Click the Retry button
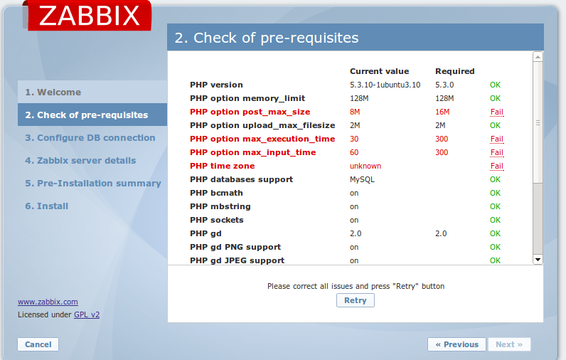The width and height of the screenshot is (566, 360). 356,300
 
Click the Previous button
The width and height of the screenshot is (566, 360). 457,344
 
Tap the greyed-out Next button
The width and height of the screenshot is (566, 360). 509,344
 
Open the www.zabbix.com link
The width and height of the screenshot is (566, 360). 48,302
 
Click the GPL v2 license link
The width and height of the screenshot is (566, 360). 87,314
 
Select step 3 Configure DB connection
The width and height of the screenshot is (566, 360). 90,138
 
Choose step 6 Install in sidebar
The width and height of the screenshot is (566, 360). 46,206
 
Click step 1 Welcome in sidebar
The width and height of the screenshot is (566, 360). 53,92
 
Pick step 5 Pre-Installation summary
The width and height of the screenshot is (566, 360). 93,184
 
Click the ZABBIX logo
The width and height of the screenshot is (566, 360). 89,15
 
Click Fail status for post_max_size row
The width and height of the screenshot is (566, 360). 497,112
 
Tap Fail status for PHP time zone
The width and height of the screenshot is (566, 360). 497,166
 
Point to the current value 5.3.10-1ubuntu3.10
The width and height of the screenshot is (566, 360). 385,85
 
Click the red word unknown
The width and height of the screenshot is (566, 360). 365,166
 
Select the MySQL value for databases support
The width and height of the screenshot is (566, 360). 362,179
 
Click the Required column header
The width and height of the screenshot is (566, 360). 455,71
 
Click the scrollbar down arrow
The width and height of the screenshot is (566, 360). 538,259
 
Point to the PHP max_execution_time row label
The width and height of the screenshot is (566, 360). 262,139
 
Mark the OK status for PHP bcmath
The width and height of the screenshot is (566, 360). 495,194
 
